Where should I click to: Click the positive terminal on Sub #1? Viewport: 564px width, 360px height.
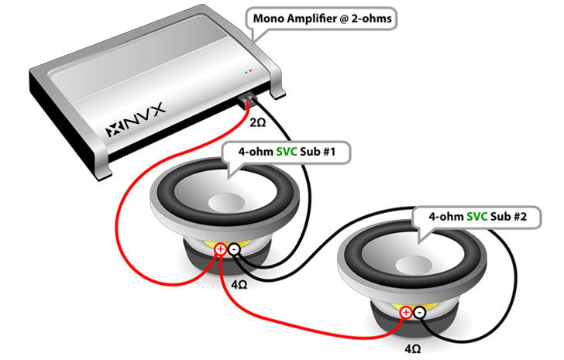pyautogui.click(x=220, y=249)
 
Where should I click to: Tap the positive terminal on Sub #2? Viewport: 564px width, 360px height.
pyautogui.click(x=405, y=312)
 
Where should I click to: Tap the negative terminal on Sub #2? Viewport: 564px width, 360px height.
pyautogui.click(x=419, y=312)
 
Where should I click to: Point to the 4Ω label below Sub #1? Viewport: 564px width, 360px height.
pyautogui.click(x=239, y=284)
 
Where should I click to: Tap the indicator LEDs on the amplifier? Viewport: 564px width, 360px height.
pyautogui.click(x=248, y=71)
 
